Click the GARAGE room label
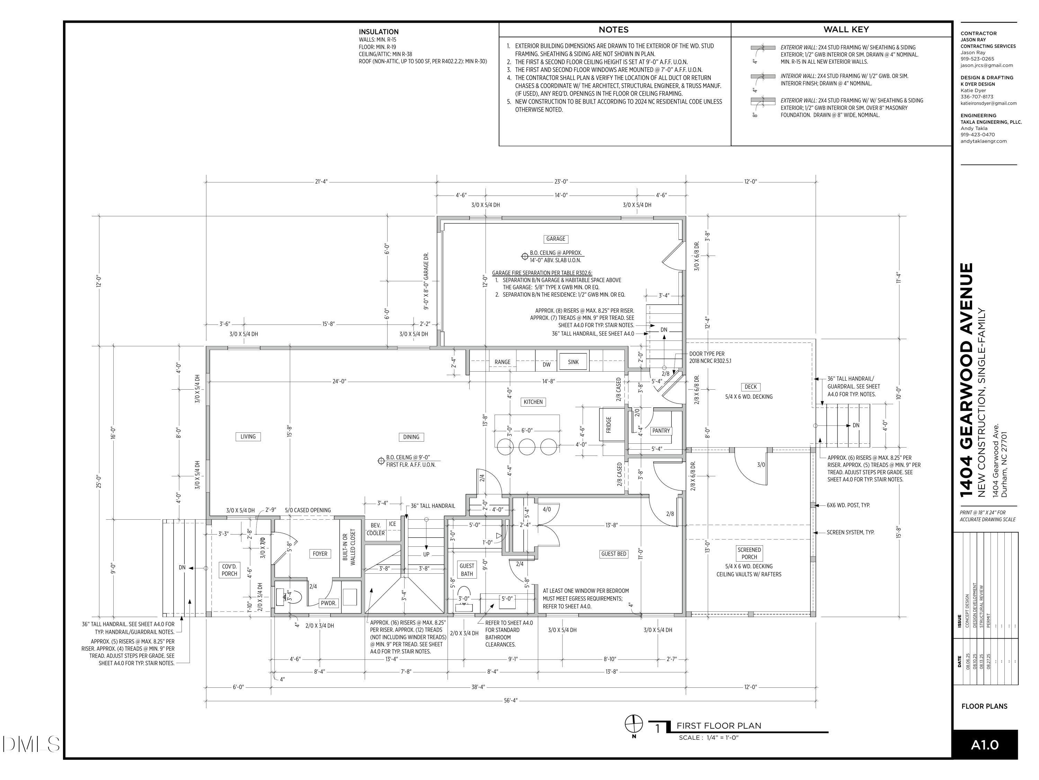tap(556, 239)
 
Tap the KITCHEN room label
tap(533, 402)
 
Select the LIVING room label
tap(248, 437)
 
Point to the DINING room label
tap(411, 437)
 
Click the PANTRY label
tap(661, 431)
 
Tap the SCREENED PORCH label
tap(749, 553)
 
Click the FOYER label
tap(320, 554)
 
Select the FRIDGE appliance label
tap(609, 425)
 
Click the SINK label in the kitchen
tap(574, 362)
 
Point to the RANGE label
tap(502, 362)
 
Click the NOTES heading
tap(613, 29)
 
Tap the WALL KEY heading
tap(846, 29)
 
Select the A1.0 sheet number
tap(985, 745)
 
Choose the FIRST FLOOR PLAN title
tap(719, 726)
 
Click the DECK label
tap(751, 387)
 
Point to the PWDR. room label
tap(329, 603)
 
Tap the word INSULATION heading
tap(379, 32)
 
